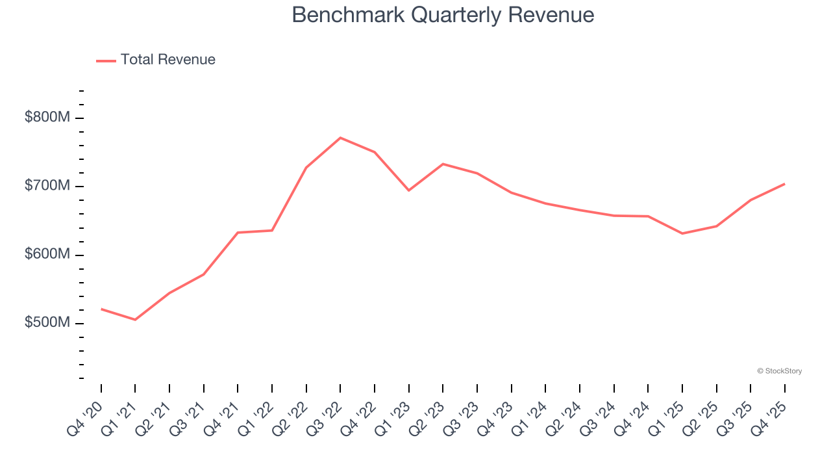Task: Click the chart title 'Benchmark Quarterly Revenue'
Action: pyautogui.click(x=443, y=15)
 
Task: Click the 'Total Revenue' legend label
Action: pyautogui.click(x=167, y=60)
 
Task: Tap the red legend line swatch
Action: pyautogui.click(x=106, y=60)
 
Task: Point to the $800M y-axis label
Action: pyautogui.click(x=47, y=118)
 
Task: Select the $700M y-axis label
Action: pyautogui.click(x=47, y=187)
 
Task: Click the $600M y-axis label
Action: pyautogui.click(x=47, y=255)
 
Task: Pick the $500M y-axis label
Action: pyautogui.click(x=47, y=323)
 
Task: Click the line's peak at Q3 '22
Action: pyautogui.click(x=340, y=138)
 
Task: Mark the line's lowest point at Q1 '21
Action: pyautogui.click(x=135, y=320)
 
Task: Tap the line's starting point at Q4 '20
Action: pyautogui.click(x=101, y=309)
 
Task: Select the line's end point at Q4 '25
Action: pyautogui.click(x=784, y=184)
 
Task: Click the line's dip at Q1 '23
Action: pyautogui.click(x=408, y=190)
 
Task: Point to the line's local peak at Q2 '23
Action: pyautogui.click(x=443, y=164)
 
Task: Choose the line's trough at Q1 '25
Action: pyautogui.click(x=682, y=233)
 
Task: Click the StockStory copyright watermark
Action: pyautogui.click(x=779, y=371)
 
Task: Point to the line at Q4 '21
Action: pyautogui.click(x=238, y=233)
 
